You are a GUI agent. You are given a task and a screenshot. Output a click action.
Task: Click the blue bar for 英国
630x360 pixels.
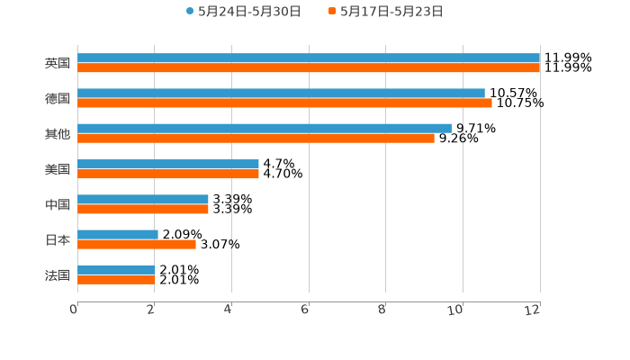point(309,58)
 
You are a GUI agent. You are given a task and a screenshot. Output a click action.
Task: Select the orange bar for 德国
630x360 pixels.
point(284,103)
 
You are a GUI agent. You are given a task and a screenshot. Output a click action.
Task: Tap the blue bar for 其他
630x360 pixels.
point(265,128)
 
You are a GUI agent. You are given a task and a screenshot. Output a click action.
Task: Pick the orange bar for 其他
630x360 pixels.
point(256,138)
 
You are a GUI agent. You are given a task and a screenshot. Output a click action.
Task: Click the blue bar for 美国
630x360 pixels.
point(168,164)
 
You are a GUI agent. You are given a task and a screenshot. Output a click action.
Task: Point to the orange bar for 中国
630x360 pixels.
point(143,209)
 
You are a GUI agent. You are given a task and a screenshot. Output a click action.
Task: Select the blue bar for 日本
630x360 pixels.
point(118,234)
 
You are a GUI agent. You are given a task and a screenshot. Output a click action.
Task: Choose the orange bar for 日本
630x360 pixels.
point(137,244)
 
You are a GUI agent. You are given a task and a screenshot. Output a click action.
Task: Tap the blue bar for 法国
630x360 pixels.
point(116,269)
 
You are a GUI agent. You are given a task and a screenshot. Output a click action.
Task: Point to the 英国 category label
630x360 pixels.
point(58,63)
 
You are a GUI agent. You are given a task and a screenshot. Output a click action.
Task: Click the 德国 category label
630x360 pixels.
point(58,98)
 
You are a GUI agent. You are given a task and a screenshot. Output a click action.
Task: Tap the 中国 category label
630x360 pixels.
point(58,204)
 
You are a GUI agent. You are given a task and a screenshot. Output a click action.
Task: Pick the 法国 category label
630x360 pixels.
point(58,274)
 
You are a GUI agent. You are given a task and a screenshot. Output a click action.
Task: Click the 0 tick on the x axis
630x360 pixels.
point(75,309)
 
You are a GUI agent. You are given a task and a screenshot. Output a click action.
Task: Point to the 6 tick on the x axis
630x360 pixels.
point(306,309)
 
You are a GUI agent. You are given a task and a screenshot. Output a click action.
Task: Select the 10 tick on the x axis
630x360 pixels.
point(460,309)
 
